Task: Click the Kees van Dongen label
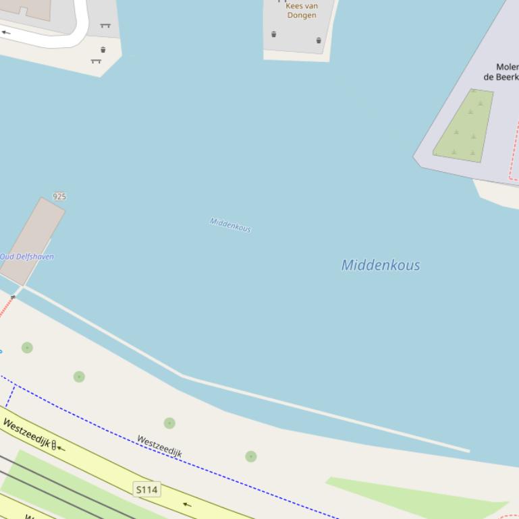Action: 302,11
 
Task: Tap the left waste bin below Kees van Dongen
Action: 274,34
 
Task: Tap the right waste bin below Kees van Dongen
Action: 319,40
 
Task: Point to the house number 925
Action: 59,197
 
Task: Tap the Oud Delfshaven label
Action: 27,257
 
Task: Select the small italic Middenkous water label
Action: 230,225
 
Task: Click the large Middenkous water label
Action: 381,265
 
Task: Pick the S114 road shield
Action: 147,489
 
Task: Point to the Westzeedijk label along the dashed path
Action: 159,446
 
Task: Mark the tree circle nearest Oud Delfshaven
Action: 27,348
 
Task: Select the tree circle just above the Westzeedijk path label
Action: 169,423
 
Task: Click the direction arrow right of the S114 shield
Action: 187,504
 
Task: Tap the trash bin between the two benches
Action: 103,50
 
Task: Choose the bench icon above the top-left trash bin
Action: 105,26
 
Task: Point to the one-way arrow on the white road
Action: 6,32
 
